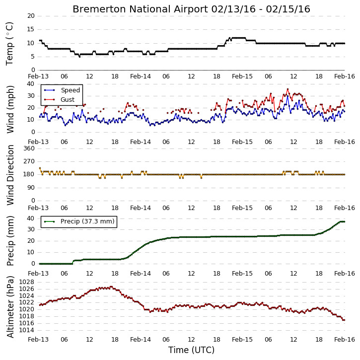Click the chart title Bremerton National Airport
click(x=141, y=9)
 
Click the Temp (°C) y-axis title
click(x=9, y=44)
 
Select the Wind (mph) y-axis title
click(x=10, y=109)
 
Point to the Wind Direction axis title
click(x=10, y=175)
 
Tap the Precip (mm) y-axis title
click(x=10, y=241)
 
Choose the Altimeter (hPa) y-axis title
click(x=10, y=307)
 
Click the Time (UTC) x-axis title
click(x=191, y=350)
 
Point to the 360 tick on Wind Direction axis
click(x=29, y=148)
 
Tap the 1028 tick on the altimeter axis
click(x=27, y=282)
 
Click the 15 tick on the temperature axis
click(x=31, y=29)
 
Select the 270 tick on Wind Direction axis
click(x=29, y=161)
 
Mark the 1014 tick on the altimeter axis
click(x=27, y=330)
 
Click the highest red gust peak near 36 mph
click(x=288, y=89)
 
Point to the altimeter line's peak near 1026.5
click(x=111, y=287)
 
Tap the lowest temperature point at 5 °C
click(x=79, y=57)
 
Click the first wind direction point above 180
click(x=40, y=168)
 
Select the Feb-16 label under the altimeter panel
click(x=345, y=340)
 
